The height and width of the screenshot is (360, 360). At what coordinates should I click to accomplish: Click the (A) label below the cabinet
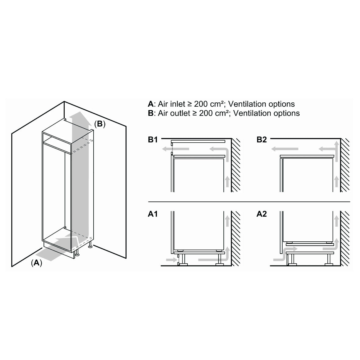click(x=37, y=263)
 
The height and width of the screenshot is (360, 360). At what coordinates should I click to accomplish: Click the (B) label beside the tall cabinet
click(x=100, y=124)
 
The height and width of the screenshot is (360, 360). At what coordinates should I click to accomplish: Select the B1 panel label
click(x=153, y=140)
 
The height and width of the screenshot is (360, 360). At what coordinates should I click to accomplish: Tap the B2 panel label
click(x=262, y=140)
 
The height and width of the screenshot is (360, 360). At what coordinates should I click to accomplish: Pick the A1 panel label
click(x=153, y=214)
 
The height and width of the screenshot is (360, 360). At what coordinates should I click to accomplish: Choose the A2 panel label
click(x=262, y=214)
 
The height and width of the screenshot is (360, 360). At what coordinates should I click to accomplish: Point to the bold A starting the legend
click(x=151, y=104)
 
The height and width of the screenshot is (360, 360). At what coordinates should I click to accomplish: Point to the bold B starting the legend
click(x=151, y=113)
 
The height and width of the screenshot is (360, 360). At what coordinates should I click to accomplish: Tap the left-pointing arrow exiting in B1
click(x=175, y=149)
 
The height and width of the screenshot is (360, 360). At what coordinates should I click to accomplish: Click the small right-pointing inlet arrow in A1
click(x=171, y=260)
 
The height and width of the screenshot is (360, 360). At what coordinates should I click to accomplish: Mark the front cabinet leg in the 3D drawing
click(x=77, y=253)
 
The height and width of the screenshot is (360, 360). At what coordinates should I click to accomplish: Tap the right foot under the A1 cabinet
click(x=219, y=260)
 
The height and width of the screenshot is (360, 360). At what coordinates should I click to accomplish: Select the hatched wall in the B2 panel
click(x=345, y=165)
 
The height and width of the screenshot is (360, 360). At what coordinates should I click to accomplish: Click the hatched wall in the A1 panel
click(x=236, y=239)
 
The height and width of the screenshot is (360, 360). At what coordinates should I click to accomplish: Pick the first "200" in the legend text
click(x=201, y=104)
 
